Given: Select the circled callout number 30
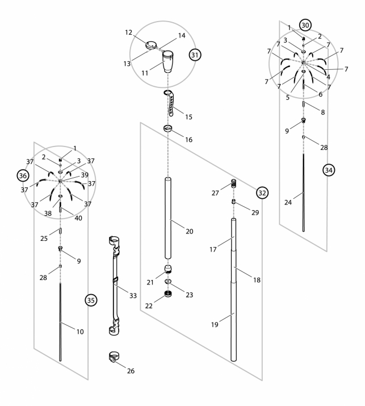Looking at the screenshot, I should (305, 25).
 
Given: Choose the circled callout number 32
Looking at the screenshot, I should (262, 192).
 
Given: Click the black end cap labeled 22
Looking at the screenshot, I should (168, 294).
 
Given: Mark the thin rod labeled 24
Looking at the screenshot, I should (304, 193).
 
